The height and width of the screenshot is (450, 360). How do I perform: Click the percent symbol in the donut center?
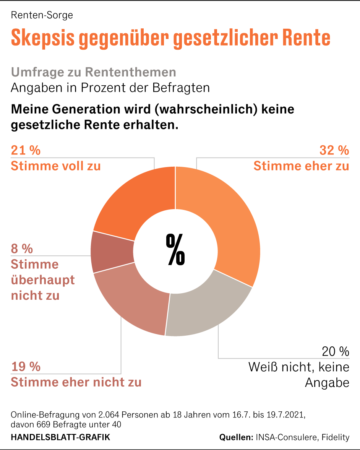pyautogui.click(x=175, y=250)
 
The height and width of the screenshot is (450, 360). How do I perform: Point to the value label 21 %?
pyautogui.click(x=26, y=150)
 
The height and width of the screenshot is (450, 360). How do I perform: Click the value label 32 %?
pyautogui.click(x=334, y=150)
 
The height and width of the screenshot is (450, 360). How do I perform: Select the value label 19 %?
pyautogui.click(x=26, y=367)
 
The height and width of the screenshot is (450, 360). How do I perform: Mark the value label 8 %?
pyautogui.click(x=22, y=249)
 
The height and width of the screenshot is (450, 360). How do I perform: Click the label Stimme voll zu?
pyautogui.click(x=56, y=166)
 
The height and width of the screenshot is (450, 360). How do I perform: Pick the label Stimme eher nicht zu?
pyautogui.click(x=76, y=382)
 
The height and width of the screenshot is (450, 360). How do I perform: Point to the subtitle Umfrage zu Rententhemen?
pyautogui.click(x=93, y=72)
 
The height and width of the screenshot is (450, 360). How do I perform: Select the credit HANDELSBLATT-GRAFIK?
pyautogui.click(x=60, y=437)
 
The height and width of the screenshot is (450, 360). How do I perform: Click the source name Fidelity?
pyautogui.click(x=336, y=437)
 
